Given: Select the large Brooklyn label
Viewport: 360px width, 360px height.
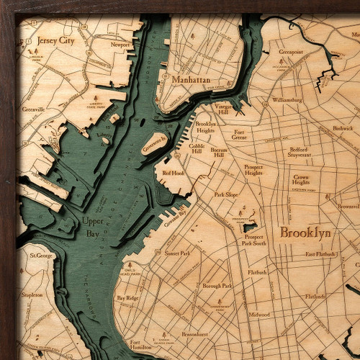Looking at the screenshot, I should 305,233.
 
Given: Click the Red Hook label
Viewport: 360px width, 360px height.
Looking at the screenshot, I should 174,174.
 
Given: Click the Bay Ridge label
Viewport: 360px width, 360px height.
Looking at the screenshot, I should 127,297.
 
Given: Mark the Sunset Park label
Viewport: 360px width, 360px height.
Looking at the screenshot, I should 176,253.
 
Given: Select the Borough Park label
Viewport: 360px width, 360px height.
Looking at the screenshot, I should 217,286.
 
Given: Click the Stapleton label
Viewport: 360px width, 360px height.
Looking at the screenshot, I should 32,294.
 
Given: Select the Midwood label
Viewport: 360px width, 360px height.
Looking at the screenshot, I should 259,315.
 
